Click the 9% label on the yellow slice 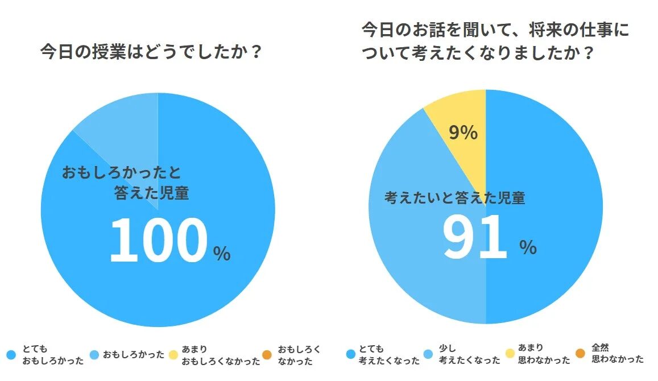click(x=463, y=132)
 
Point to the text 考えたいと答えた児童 click(x=454, y=198)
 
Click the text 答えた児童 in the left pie click(x=151, y=193)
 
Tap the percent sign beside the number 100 click(x=222, y=254)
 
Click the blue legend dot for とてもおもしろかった click(x=11, y=355)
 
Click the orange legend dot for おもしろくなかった click(x=267, y=355)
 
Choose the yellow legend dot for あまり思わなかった click(x=509, y=354)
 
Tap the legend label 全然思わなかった click(x=618, y=354)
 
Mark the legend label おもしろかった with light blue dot click(x=134, y=355)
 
